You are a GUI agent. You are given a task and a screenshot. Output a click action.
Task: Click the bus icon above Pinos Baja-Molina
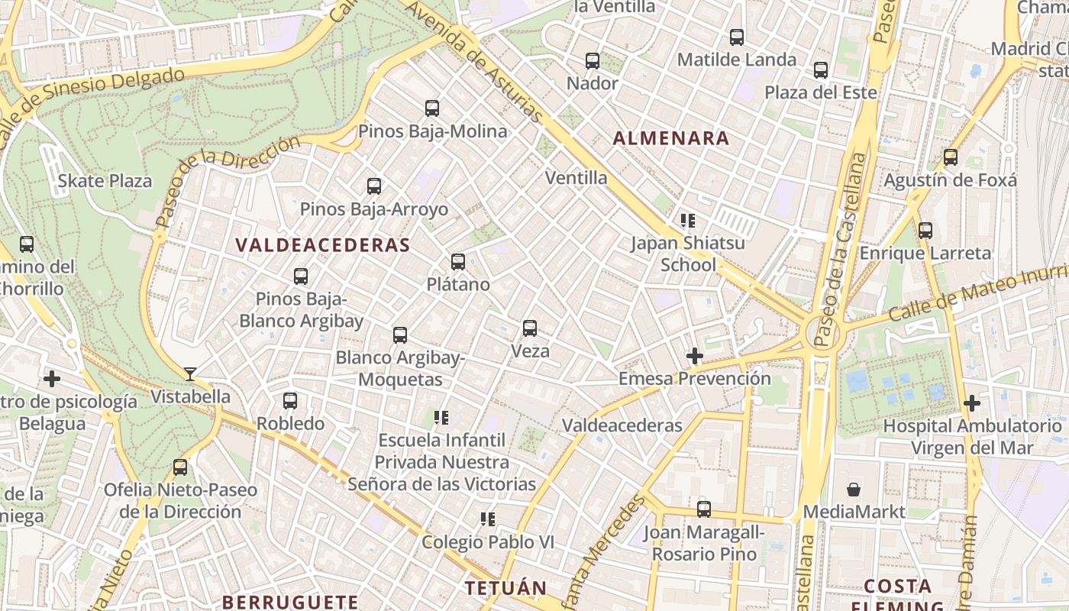[432, 108]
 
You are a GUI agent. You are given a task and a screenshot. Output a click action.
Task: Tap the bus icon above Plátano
[458, 262]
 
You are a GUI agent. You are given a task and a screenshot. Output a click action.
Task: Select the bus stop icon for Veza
[530, 328]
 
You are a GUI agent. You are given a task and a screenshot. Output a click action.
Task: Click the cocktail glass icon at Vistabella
[190, 374]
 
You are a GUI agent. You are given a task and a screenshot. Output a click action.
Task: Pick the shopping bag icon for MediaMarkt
[854, 490]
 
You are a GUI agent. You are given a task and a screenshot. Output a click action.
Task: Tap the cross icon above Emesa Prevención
[694, 356]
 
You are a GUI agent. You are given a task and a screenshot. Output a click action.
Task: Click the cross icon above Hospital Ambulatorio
[971, 402]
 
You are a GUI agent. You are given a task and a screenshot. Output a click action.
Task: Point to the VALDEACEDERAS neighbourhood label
[323, 245]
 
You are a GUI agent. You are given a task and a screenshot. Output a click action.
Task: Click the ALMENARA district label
[671, 138]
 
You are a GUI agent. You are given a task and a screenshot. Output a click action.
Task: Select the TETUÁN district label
[506, 588]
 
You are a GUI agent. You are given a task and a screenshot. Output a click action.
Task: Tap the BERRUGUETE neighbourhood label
[290, 602]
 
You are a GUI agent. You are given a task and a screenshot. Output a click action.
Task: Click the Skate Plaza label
[105, 181]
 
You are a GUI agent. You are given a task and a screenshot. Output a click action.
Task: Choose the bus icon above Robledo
[290, 401]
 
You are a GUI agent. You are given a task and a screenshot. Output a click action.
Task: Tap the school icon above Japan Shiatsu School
[688, 221]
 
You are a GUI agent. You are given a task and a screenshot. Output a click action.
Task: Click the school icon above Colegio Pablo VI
[488, 519]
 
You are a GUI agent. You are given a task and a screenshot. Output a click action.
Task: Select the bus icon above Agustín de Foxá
[951, 157]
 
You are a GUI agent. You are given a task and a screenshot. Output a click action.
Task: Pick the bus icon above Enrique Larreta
[925, 230]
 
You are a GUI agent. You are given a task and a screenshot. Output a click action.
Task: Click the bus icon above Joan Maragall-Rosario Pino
[704, 509]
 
